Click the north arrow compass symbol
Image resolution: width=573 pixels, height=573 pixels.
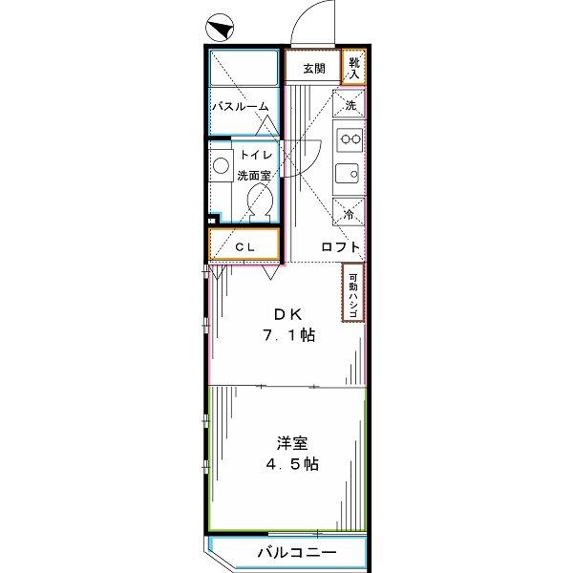click(x=220, y=28)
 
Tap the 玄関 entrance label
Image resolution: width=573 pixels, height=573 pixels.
click(x=314, y=69)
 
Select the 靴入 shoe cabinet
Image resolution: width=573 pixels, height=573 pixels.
click(x=353, y=67)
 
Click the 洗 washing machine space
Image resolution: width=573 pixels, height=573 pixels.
click(x=349, y=103)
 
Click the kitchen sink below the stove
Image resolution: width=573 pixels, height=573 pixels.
click(x=347, y=173)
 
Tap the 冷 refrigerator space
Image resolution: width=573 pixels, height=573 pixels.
click(x=349, y=212)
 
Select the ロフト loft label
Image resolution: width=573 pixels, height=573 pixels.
click(x=341, y=247)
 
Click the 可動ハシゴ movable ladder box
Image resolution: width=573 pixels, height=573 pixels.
click(x=353, y=292)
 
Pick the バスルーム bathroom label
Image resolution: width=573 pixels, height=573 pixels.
click(x=241, y=107)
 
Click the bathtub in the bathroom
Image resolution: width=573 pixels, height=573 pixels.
click(x=244, y=69)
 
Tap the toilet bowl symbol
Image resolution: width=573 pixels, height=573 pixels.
click(x=260, y=202)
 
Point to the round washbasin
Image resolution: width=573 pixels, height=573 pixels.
click(x=222, y=165)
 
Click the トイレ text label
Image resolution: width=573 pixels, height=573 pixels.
click(x=256, y=155)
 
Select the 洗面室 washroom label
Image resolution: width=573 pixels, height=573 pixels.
click(x=254, y=176)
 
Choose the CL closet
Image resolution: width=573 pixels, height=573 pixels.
click(x=244, y=244)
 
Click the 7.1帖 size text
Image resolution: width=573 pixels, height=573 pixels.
click(x=289, y=335)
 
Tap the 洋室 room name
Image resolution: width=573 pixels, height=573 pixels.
click(x=292, y=443)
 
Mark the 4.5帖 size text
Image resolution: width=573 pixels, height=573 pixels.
click(x=292, y=464)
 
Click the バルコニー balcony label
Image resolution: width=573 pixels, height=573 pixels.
click(x=297, y=552)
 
